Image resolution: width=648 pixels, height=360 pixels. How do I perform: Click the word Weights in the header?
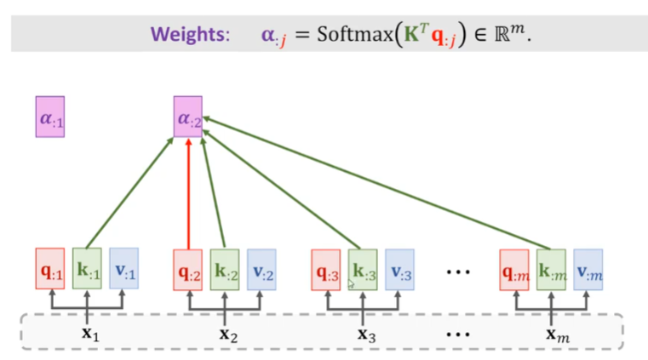(x=191, y=36)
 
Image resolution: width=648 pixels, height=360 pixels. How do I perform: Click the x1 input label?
(x=90, y=334)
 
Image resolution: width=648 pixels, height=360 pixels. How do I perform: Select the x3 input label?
(x=366, y=334)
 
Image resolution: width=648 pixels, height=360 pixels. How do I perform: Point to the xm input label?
(x=556, y=334)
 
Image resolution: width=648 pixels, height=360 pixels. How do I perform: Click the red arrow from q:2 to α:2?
(x=187, y=196)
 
